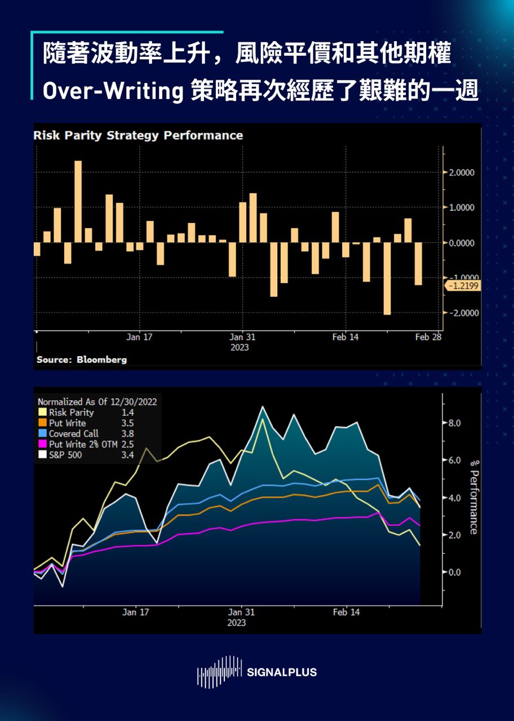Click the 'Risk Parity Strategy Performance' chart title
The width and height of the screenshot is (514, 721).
pyautogui.click(x=138, y=136)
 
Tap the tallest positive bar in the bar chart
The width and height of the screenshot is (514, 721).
pyautogui.click(x=78, y=201)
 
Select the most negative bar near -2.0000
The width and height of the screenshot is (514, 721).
pyautogui.click(x=387, y=278)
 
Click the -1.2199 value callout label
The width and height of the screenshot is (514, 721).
pyautogui.click(x=463, y=286)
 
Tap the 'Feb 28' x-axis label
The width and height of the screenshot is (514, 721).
pyautogui.click(x=428, y=337)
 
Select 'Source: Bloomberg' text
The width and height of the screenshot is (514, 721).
pyautogui.click(x=82, y=359)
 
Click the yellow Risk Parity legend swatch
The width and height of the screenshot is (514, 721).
pyautogui.click(x=42, y=413)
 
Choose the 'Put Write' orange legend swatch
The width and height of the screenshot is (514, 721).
pyautogui.click(x=42, y=424)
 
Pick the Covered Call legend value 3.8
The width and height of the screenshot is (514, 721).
pyautogui.click(x=127, y=434)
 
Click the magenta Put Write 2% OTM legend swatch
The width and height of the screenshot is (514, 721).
pyautogui.click(x=42, y=444)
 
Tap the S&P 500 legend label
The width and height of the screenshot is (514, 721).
pyautogui.click(x=65, y=455)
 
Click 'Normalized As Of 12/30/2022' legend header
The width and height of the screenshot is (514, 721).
pyautogui.click(x=97, y=402)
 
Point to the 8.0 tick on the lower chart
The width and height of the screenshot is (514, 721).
pyautogui.click(x=454, y=423)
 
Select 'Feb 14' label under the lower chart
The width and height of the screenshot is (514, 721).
pyautogui.click(x=346, y=612)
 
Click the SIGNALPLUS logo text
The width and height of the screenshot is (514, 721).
pyautogui.click(x=282, y=672)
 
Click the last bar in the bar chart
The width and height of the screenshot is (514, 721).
pyautogui.click(x=418, y=264)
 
